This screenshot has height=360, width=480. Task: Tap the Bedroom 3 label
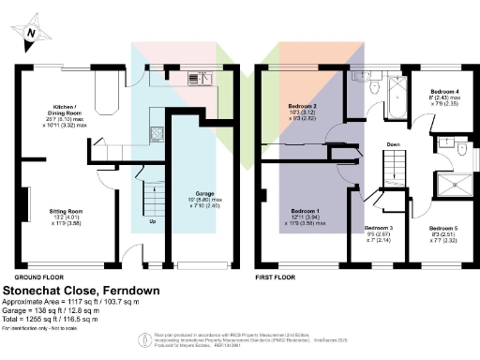pos(378,228)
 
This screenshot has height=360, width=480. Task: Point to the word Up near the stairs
pos(153,223)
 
